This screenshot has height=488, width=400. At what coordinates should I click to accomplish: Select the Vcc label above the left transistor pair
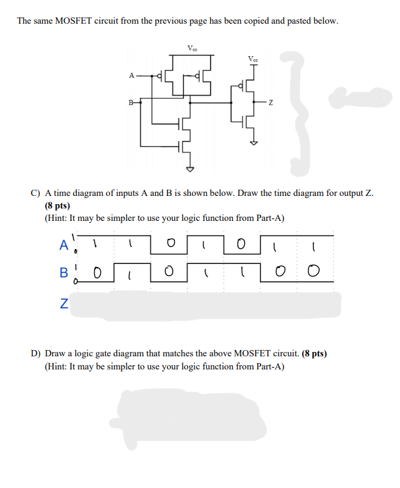[x=193, y=47]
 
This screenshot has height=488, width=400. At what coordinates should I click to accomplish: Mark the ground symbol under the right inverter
[x=253, y=142]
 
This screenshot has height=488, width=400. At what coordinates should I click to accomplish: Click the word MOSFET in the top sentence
[x=75, y=21]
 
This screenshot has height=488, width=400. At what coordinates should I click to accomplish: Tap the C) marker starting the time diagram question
[x=36, y=193]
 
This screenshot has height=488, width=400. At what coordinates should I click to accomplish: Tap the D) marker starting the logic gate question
[x=36, y=353]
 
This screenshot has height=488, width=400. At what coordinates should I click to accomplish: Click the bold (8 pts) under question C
[x=57, y=205]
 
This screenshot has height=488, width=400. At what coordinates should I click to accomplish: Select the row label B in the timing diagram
[x=63, y=273]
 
